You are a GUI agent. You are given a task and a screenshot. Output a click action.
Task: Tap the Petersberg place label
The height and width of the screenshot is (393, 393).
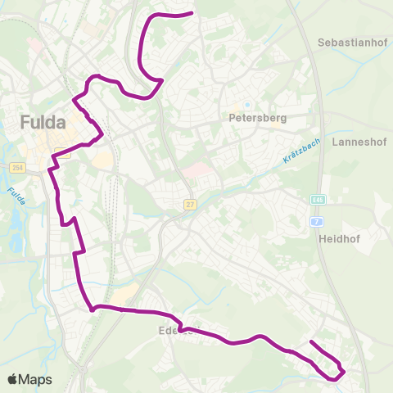[x=258, y=118]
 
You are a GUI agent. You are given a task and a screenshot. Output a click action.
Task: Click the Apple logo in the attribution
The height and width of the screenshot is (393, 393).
[x=12, y=379]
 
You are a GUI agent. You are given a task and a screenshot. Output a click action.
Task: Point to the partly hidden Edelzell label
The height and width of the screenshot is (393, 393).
[x=174, y=331]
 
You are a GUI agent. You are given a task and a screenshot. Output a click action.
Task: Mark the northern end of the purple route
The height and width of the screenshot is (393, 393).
[x=191, y=13]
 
